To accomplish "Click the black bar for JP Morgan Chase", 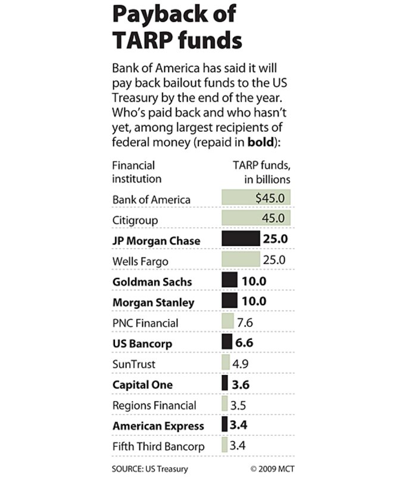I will click(x=241, y=239).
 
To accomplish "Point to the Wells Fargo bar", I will click(x=241, y=259).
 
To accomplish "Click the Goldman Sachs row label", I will click(x=152, y=281).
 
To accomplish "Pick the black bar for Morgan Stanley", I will click(x=229, y=301).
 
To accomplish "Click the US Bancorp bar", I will click(x=226, y=342).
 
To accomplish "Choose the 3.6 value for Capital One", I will click(x=241, y=384).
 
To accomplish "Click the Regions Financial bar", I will click(x=224, y=405).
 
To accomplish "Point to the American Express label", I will click(x=158, y=426).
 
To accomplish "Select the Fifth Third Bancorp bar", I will click(x=224, y=445).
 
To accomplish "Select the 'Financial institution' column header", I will click(x=137, y=172).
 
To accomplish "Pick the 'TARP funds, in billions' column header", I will click(x=260, y=172).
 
